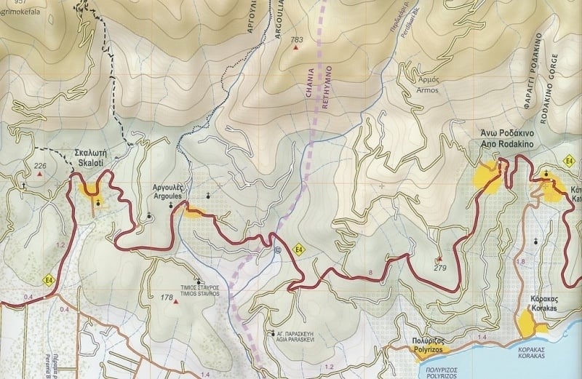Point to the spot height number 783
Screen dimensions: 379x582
click(296, 39)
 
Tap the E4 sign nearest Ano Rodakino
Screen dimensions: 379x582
click(570, 159)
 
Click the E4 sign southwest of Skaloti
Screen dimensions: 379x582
click(49, 280)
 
